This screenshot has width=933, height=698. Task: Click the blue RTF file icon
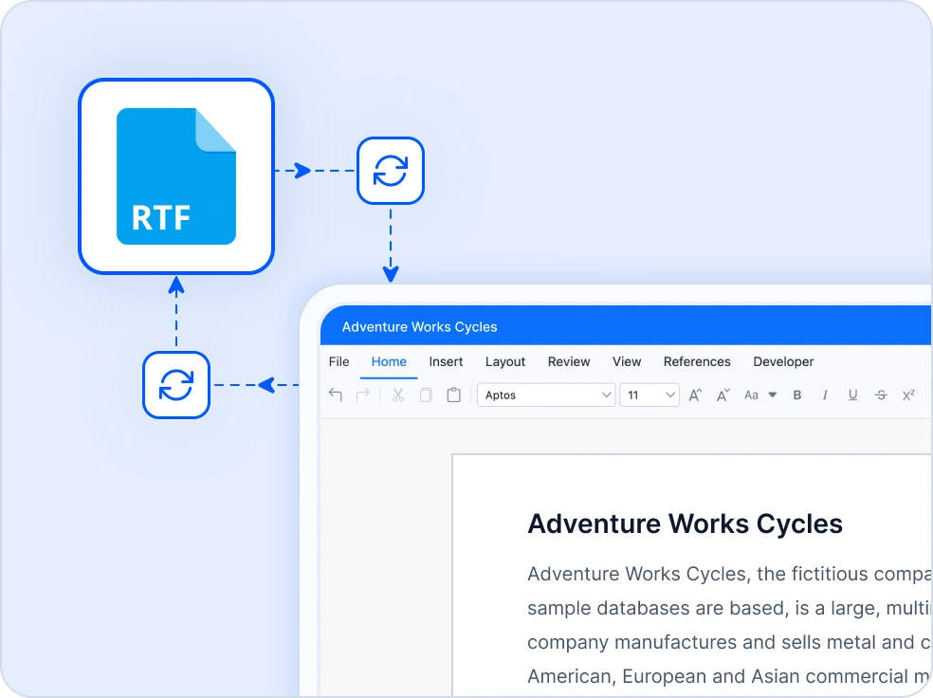[x=176, y=176]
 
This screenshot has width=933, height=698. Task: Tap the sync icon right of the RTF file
[x=390, y=171]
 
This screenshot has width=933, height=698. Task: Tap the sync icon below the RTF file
[x=175, y=385]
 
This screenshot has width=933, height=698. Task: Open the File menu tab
[x=338, y=361]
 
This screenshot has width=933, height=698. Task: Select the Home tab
[x=389, y=361]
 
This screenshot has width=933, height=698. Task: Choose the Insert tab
[x=446, y=361]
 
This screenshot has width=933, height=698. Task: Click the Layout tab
[x=505, y=361]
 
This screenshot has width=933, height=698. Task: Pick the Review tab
[x=569, y=361]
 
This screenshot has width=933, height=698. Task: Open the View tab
[x=627, y=361]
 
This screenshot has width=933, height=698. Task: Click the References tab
[x=697, y=361]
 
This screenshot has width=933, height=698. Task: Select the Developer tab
[x=783, y=361]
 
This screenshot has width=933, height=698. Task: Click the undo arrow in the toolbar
[x=335, y=395]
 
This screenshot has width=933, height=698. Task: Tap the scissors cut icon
[x=398, y=395]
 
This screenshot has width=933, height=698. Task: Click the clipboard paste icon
[x=454, y=395]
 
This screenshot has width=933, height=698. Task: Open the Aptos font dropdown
[x=546, y=395]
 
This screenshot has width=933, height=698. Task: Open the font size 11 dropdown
[x=649, y=395]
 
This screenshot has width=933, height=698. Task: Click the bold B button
[x=797, y=395]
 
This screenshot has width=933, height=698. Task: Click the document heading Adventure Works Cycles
[x=685, y=523]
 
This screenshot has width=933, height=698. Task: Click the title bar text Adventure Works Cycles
[x=419, y=327]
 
